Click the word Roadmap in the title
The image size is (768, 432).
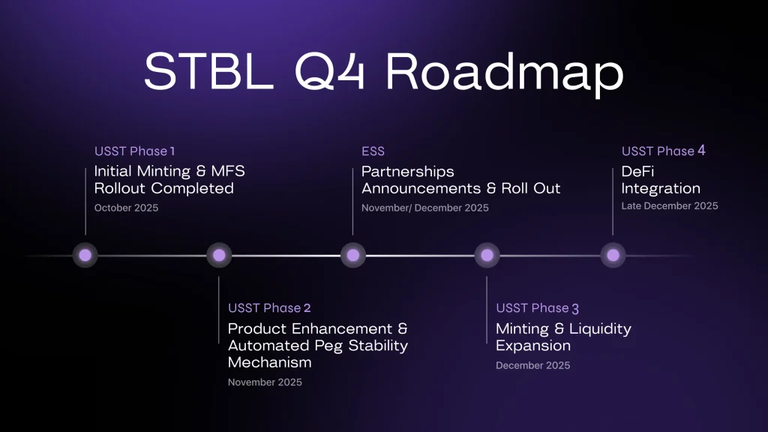click(505, 73)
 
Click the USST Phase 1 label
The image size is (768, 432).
click(135, 151)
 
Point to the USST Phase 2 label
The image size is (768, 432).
click(269, 308)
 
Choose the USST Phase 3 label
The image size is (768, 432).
click(537, 308)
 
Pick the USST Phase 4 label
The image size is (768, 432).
click(663, 151)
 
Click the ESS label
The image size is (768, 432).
click(373, 151)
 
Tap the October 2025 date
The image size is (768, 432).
click(126, 208)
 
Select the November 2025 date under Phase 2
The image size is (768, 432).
click(265, 382)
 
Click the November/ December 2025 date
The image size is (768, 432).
click(424, 208)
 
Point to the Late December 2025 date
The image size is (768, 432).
click(669, 205)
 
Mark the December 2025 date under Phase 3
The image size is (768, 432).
click(532, 365)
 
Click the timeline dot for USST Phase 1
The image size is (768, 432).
click(85, 256)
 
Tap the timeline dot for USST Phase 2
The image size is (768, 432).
click(219, 256)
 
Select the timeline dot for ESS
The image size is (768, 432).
click(353, 256)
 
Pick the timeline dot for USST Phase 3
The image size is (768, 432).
click(487, 256)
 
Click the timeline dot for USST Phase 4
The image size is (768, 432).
click(613, 256)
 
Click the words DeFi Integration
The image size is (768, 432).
click(660, 180)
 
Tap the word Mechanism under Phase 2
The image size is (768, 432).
click(269, 363)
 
